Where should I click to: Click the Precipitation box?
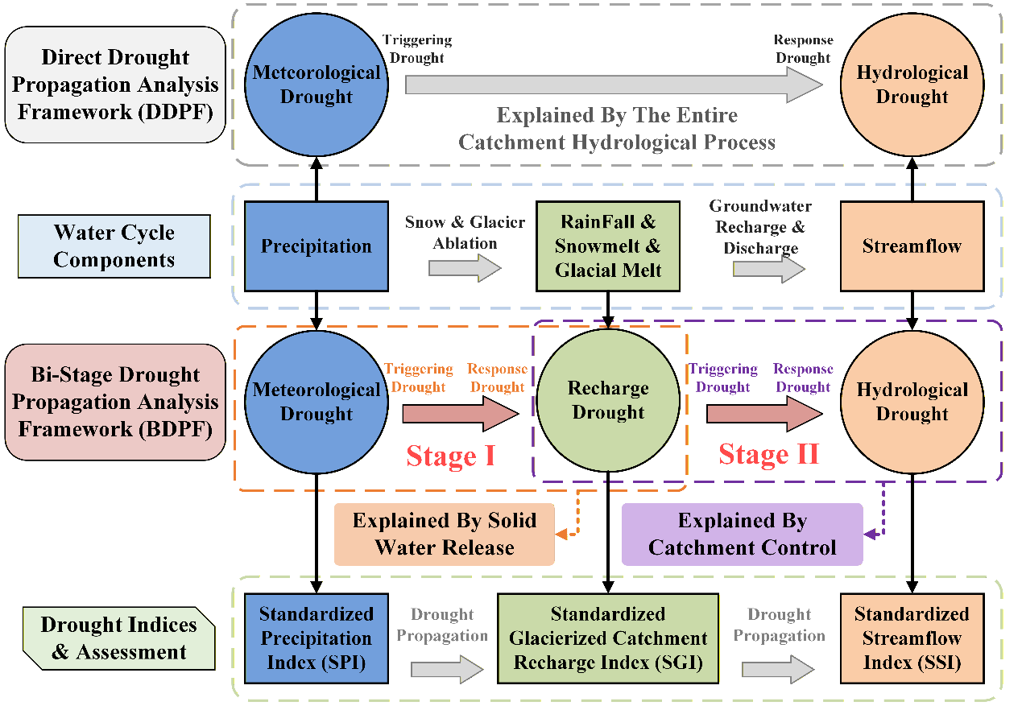coord(317,246)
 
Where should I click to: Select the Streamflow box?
coord(912,246)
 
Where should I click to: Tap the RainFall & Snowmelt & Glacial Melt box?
coord(608,246)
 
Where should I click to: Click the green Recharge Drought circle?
coord(608,400)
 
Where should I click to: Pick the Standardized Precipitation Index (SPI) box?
coord(317,638)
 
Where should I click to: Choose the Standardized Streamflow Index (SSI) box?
coord(912,638)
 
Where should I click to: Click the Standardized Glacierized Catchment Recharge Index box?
coord(608,638)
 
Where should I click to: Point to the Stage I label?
coord(450,456)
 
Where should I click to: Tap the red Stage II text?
coord(769,454)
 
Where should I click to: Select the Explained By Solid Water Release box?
coord(445,534)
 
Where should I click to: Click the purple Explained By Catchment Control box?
coord(743,534)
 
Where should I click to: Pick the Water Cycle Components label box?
coord(114,246)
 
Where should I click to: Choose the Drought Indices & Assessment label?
coord(118,638)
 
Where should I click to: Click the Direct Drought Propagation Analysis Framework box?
coord(115,85)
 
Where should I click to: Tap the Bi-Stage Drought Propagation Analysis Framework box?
coord(115,403)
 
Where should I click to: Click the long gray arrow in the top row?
coord(614,85)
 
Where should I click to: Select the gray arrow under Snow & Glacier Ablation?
coord(465,268)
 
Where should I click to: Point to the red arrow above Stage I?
coord(461,414)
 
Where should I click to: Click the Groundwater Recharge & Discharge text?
coord(760,227)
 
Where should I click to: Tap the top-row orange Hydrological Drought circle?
coord(912,85)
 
